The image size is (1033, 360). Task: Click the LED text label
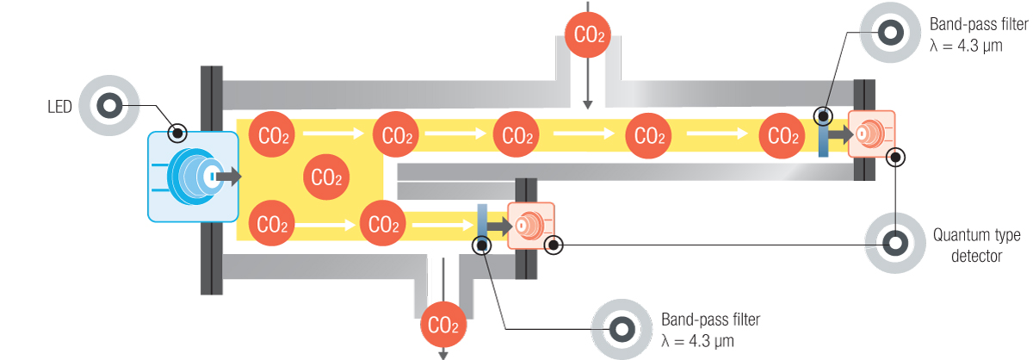coord(59,107)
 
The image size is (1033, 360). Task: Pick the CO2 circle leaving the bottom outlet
coord(444,326)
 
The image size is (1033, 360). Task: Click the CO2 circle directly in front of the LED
coord(327,178)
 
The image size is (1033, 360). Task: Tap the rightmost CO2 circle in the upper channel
coord(782,135)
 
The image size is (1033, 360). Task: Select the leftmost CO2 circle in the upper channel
coord(273,135)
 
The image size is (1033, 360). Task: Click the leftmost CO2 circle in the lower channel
coord(273,226)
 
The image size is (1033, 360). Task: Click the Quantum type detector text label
coord(968,245)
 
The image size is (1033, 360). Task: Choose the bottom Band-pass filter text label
coord(709,330)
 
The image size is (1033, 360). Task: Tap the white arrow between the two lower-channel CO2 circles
coord(326,226)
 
